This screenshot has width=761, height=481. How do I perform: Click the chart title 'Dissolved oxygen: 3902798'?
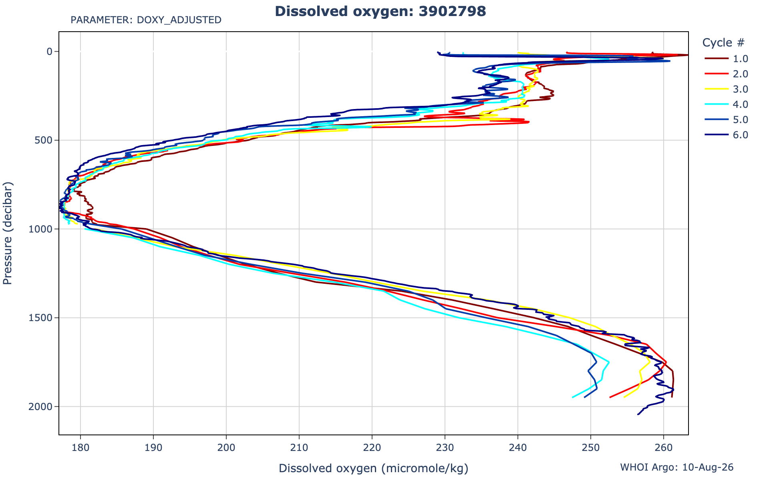(380, 11)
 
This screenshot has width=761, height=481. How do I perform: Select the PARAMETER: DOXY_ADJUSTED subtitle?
(146, 20)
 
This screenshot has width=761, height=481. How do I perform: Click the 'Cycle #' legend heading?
(723, 42)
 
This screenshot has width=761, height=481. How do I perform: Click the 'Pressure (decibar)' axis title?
(8, 233)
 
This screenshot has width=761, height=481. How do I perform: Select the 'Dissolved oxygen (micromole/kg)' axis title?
(374, 468)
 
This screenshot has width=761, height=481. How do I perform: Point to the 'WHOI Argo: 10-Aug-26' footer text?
(677, 467)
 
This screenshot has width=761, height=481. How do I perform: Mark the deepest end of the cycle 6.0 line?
(638, 414)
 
